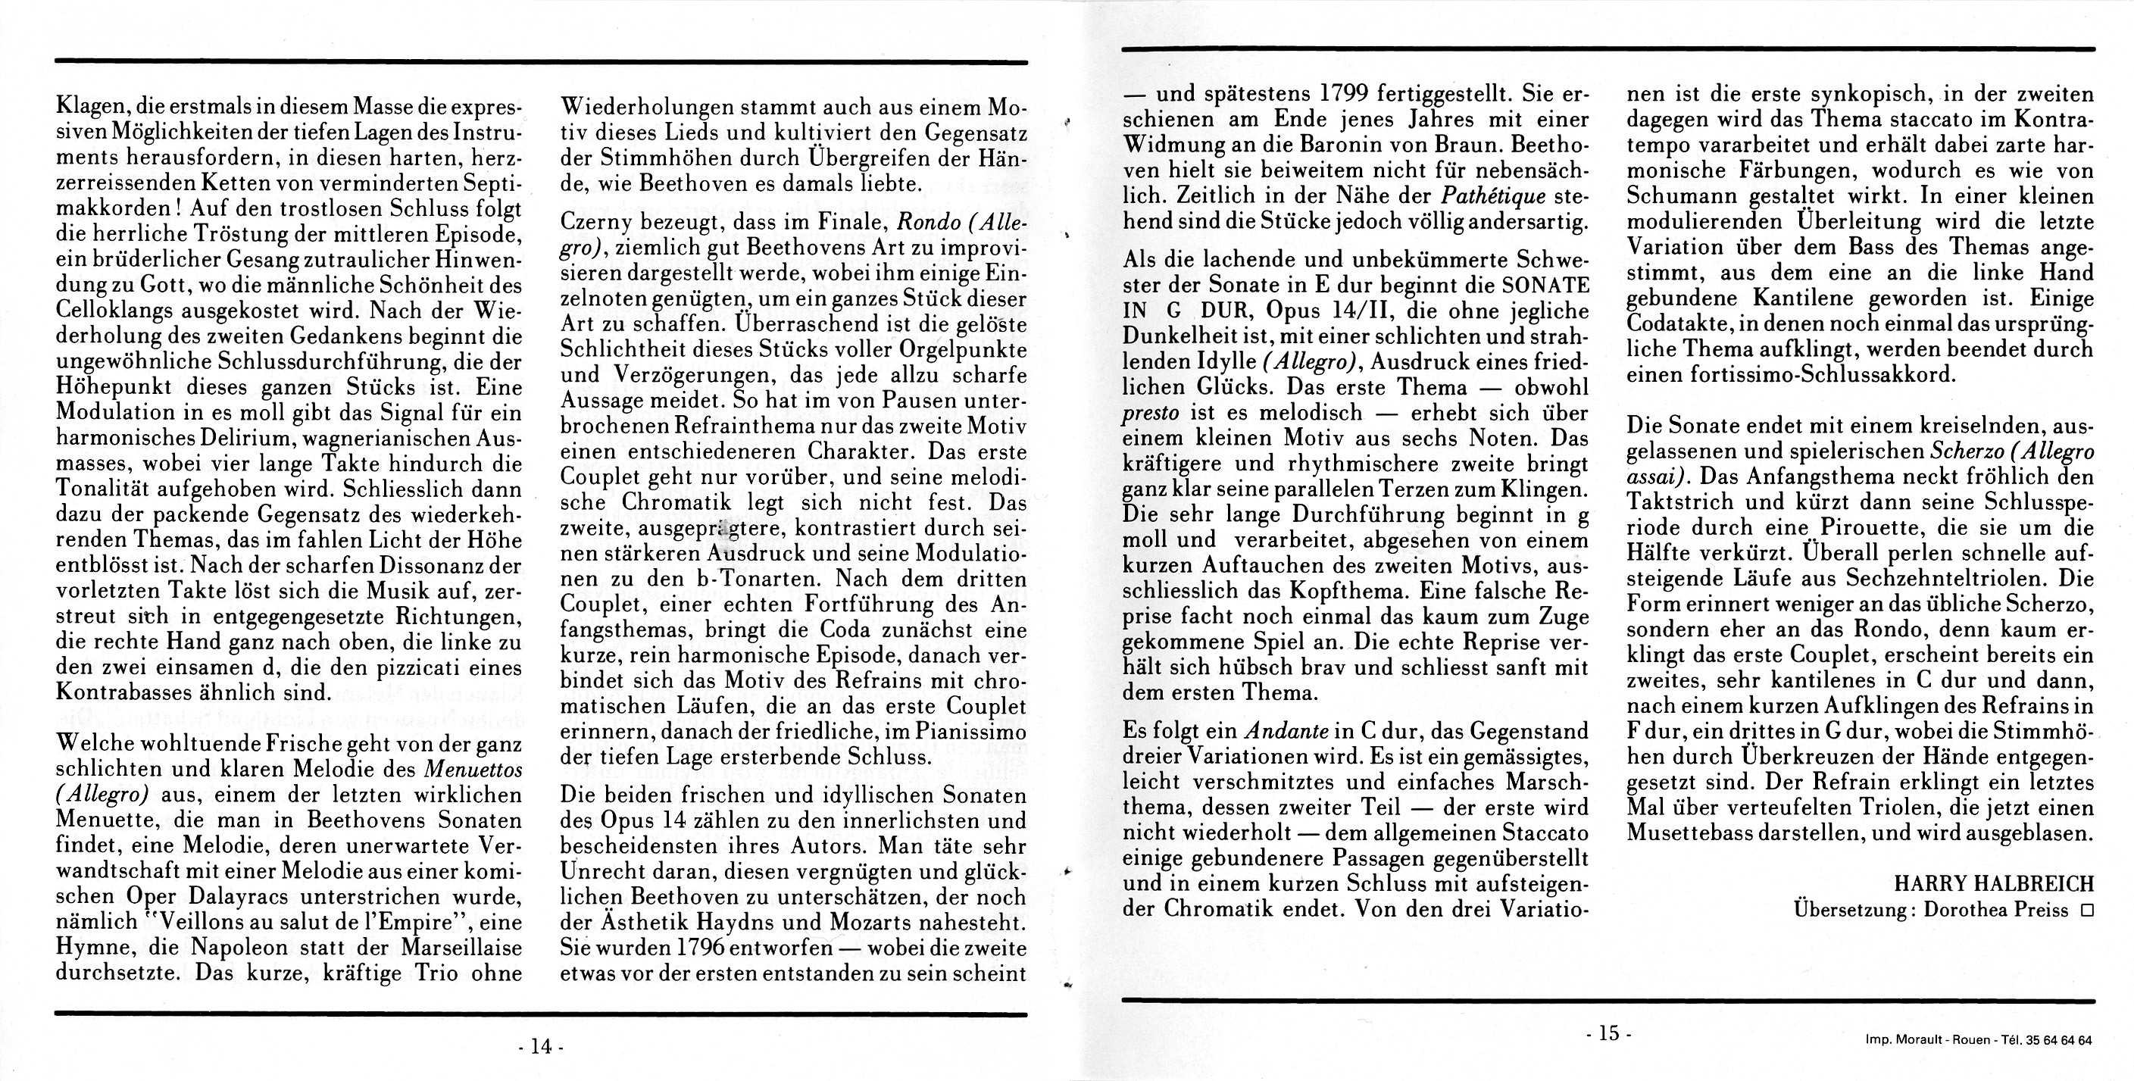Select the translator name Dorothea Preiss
point(1995,910)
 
